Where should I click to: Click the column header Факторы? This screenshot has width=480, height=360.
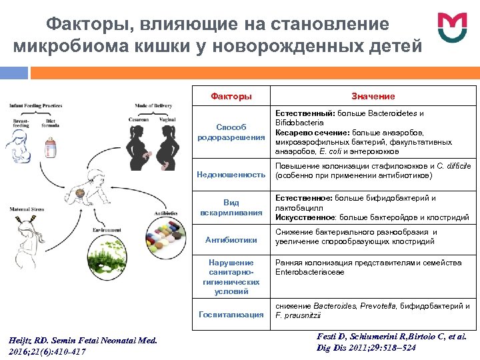pyautogui.click(x=231, y=97)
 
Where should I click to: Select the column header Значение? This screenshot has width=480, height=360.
pyautogui.click(x=373, y=97)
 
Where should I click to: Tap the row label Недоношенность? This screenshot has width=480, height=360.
pyautogui.click(x=231, y=175)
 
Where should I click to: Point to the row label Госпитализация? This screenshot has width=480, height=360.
pyautogui.click(x=231, y=314)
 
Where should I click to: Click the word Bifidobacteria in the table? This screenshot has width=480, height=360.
pyautogui.click(x=299, y=123)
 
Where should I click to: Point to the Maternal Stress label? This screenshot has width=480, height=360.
pyautogui.click(x=27, y=209)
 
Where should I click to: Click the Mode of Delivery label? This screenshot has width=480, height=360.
pyautogui.click(x=154, y=106)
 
